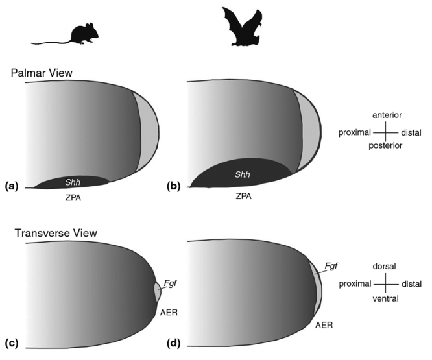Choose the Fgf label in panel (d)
tap(331, 266)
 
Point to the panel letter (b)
tap(174, 186)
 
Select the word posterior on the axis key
tap(386, 147)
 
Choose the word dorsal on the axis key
tap(386, 267)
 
